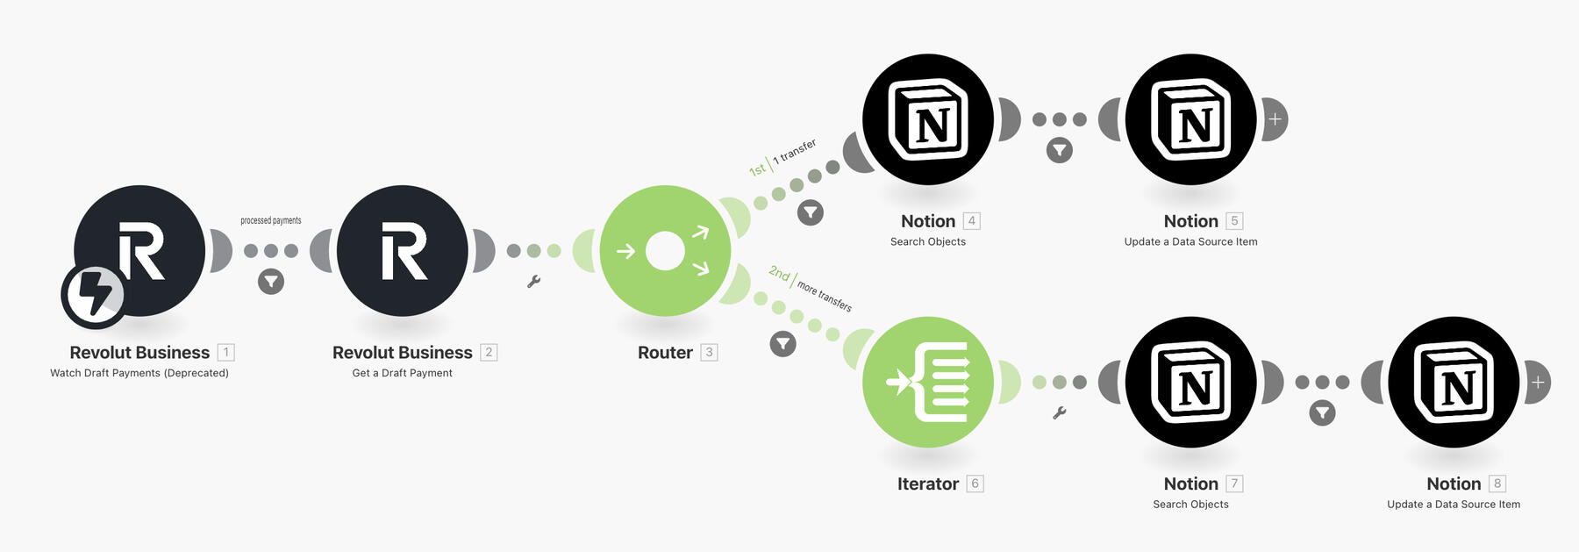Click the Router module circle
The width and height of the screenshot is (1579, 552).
[665, 251]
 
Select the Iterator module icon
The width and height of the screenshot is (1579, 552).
[928, 382]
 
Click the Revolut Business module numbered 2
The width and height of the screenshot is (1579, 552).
[403, 251]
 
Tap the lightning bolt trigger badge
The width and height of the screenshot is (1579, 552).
[94, 295]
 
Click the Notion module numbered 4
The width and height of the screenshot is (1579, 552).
[928, 119]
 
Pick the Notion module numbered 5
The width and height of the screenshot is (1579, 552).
[1190, 119]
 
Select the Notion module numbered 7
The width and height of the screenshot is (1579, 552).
[1190, 382]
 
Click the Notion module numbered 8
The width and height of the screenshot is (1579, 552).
[1454, 382]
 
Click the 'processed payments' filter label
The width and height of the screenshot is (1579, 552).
[271, 220]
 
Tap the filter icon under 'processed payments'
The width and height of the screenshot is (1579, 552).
[271, 282]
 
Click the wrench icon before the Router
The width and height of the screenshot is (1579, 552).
[533, 282]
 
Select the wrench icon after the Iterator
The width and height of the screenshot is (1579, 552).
[1060, 412]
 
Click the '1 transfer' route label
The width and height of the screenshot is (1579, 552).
[795, 151]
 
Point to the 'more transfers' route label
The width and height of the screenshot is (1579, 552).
[824, 296]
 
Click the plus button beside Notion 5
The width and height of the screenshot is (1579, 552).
[1275, 119]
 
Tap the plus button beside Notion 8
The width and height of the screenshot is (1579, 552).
[1537, 383]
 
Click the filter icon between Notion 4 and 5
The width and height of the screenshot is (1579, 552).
[1060, 151]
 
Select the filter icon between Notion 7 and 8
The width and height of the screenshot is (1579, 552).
[1322, 412]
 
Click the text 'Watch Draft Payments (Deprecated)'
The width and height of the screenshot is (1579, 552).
[139, 373]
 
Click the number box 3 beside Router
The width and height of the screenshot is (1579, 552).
[709, 352]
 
